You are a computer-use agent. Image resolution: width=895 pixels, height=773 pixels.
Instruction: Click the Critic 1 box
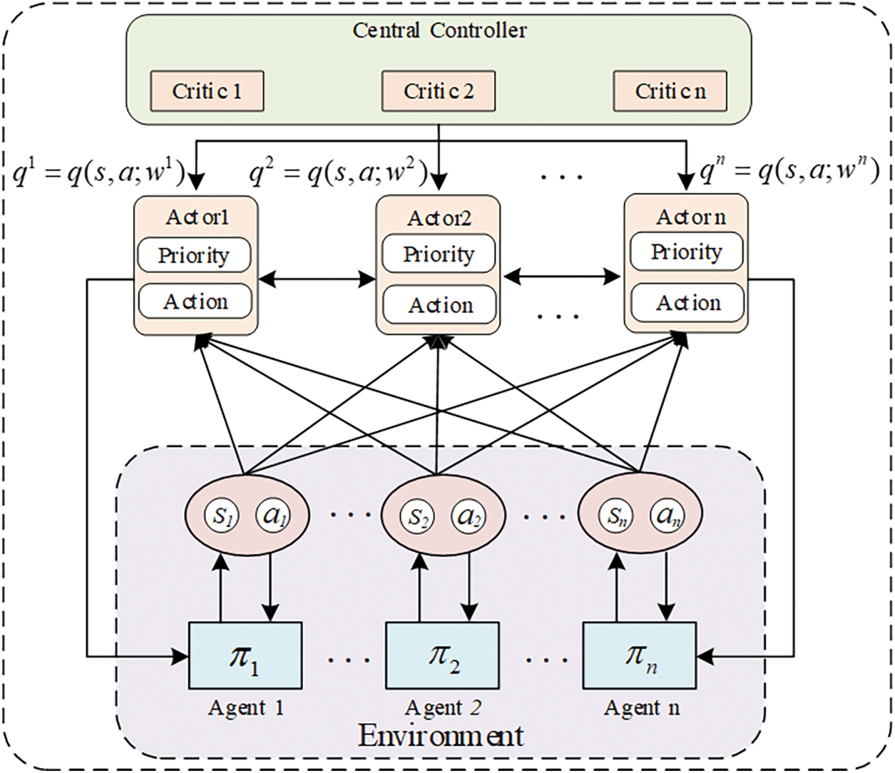click(207, 91)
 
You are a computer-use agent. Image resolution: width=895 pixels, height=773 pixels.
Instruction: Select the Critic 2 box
click(439, 91)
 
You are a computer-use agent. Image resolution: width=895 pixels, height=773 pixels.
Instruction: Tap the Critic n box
click(670, 91)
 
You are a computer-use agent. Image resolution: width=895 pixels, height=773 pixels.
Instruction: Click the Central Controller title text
click(439, 31)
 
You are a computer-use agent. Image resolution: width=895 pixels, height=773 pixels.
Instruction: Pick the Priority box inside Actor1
click(194, 255)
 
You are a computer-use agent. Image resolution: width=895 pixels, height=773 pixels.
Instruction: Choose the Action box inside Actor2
click(439, 305)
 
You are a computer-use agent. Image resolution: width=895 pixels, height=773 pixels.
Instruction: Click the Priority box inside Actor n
click(687, 251)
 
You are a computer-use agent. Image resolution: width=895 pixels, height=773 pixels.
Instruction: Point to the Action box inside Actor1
click(195, 302)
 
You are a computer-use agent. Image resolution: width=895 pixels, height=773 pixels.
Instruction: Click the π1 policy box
click(245, 655)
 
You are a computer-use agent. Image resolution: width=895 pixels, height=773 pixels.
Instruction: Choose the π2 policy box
click(443, 655)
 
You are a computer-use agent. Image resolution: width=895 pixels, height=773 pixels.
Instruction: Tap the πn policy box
click(640, 655)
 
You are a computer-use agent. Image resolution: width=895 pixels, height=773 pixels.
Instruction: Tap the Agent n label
click(642, 707)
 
